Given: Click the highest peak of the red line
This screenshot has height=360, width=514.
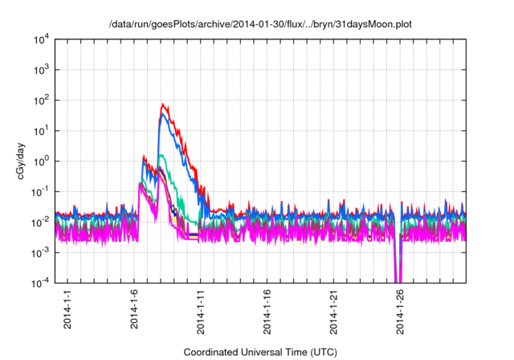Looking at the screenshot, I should [163, 104].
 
